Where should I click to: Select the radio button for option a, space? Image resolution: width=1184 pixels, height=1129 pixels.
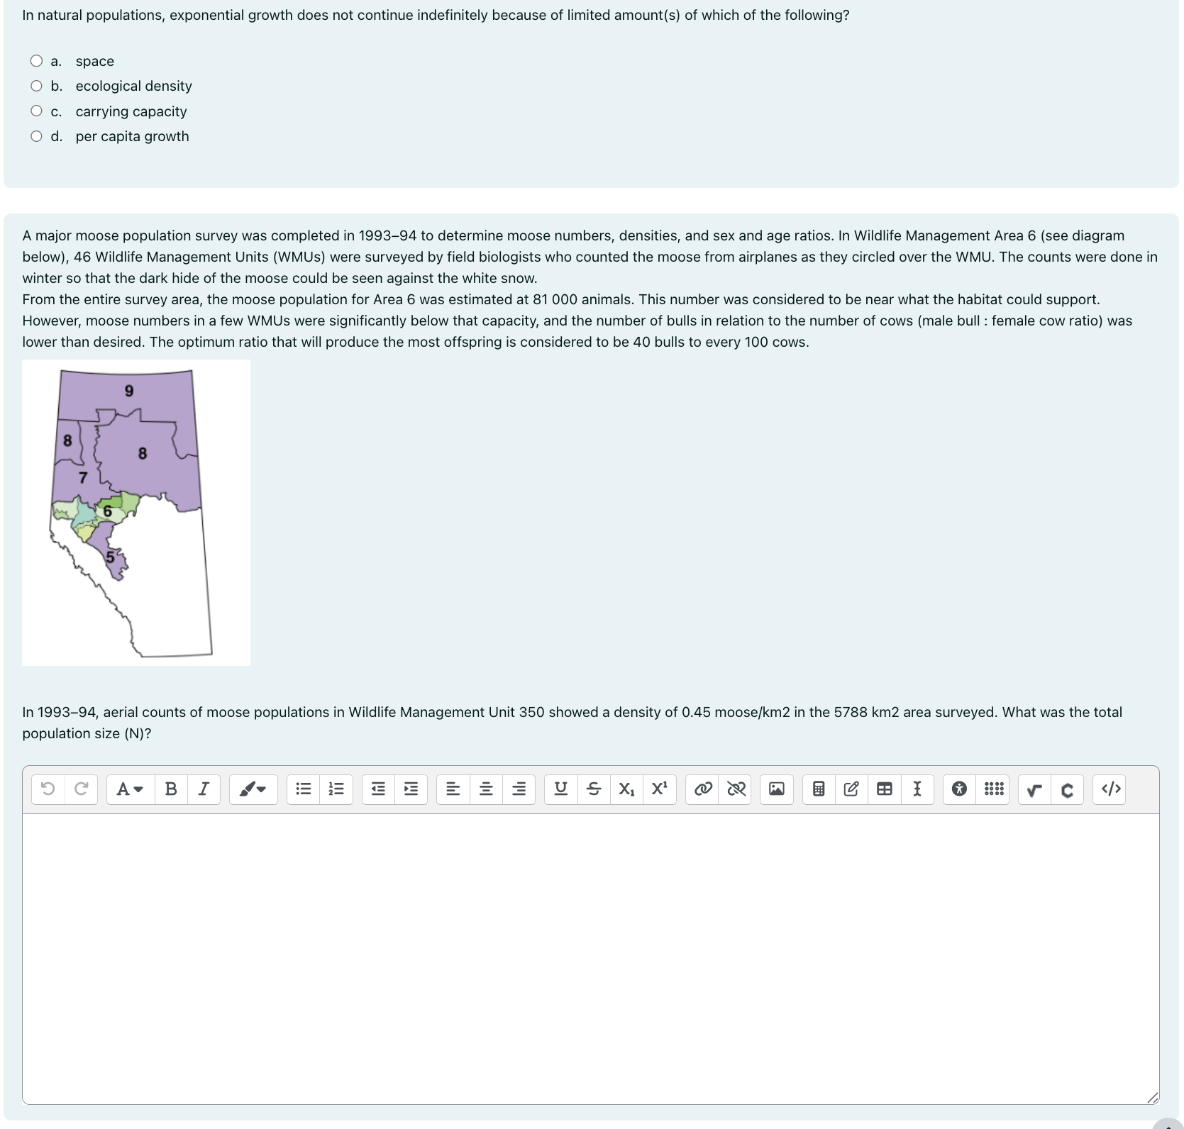(36, 61)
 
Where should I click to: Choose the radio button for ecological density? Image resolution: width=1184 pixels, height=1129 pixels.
(36, 86)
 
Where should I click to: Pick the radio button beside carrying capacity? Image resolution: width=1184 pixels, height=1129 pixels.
(36, 111)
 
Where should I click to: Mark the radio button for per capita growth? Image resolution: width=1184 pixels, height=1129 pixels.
(36, 136)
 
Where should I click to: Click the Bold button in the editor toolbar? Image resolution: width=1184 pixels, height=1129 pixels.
(171, 789)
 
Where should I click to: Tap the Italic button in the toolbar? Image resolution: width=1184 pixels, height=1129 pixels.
(204, 789)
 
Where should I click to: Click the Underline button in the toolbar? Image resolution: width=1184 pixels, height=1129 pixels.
(560, 789)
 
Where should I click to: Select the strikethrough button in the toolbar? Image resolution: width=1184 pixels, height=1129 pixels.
(594, 789)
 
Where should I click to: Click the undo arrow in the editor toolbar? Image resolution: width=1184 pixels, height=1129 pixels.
(48, 789)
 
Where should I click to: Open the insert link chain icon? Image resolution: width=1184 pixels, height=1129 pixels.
(703, 789)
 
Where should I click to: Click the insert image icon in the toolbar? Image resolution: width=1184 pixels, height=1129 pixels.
(777, 789)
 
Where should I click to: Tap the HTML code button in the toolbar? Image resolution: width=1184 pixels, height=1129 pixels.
(1111, 789)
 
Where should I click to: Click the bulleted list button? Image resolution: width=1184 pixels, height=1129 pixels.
(304, 789)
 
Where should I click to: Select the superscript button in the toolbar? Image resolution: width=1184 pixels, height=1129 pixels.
(660, 789)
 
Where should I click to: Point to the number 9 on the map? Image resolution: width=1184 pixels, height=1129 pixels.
(129, 391)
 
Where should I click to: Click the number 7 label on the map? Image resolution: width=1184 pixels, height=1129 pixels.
(83, 477)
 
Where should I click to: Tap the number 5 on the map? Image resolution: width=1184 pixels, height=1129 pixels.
(110, 557)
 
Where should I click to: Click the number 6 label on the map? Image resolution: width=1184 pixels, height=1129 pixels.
(108, 511)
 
